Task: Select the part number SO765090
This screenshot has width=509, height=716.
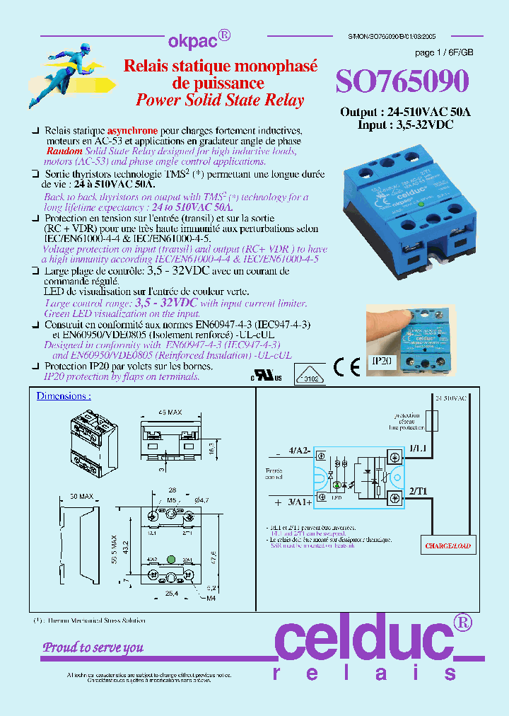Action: (x=402, y=82)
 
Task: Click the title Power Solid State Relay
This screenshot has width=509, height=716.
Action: (x=220, y=100)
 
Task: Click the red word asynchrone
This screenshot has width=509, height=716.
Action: (x=131, y=132)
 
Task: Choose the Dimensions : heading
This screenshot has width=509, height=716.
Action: (x=64, y=396)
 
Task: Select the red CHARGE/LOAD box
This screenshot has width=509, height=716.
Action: (x=447, y=545)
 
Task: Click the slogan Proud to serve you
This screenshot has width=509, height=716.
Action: (x=93, y=647)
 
